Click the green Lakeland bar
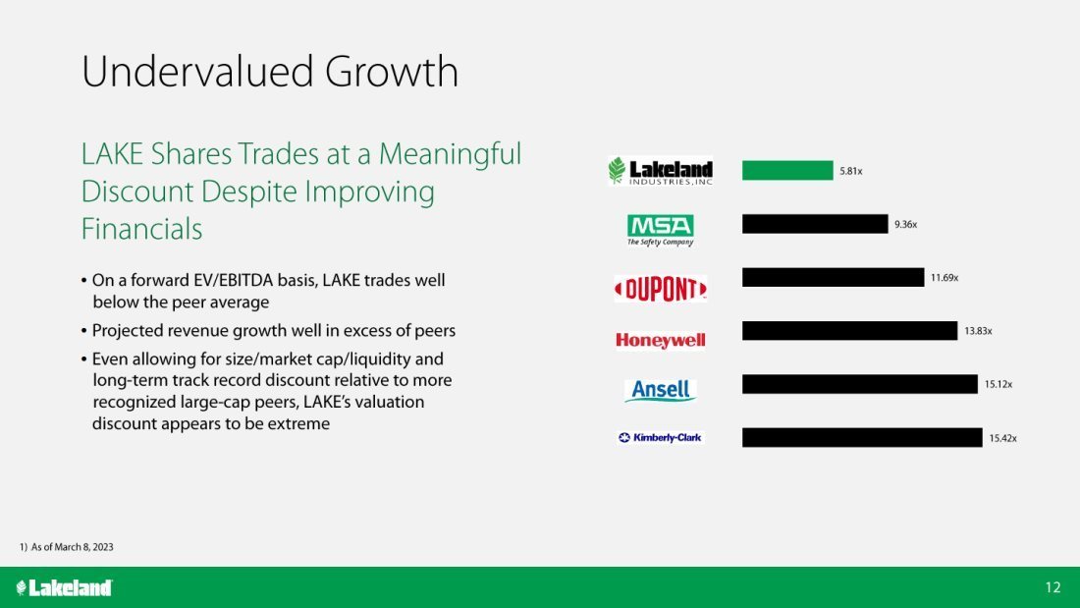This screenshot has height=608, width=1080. [x=787, y=170]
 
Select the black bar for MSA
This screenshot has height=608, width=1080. [x=815, y=224]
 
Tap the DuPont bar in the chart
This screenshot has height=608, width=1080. [x=833, y=277]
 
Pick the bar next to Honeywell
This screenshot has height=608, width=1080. [x=849, y=331]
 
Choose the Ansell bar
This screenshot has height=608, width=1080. [x=860, y=384]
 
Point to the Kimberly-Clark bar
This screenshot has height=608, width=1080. [x=862, y=438]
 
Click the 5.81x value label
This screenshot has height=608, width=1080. [x=850, y=171]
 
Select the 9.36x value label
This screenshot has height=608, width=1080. [x=906, y=224]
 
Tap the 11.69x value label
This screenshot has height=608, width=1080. [x=945, y=278]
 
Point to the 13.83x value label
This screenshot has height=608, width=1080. [x=978, y=331]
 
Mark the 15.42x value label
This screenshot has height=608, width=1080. [x=1002, y=438]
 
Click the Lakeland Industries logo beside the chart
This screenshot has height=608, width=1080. [x=661, y=171]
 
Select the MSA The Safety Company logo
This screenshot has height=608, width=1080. [x=661, y=230]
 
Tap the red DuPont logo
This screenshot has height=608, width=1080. [x=661, y=289]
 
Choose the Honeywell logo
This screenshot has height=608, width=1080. [x=661, y=340]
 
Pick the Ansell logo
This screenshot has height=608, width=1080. [x=661, y=390]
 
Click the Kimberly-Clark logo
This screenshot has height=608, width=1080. [x=661, y=438]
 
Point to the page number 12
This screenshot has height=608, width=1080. [x=1053, y=587]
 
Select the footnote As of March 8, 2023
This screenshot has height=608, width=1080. [x=73, y=547]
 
